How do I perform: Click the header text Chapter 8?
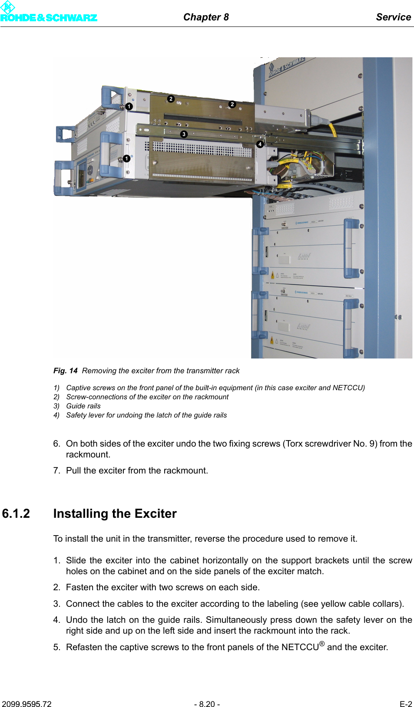pyautogui.click(x=206, y=17)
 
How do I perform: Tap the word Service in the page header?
pyautogui.click(x=393, y=17)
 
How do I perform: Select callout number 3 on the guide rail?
pyautogui.click(x=184, y=134)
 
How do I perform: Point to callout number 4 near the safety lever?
pyautogui.click(x=260, y=144)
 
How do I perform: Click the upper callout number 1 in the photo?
pyautogui.click(x=129, y=106)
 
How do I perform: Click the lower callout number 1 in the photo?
pyautogui.click(x=126, y=158)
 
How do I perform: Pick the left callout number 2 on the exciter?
pyautogui.click(x=171, y=99)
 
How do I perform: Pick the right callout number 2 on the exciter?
pyautogui.click(x=232, y=104)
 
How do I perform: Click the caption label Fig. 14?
pyautogui.click(x=65, y=371)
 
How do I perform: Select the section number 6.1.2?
pyautogui.click(x=16, y=513)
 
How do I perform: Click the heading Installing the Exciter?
pyautogui.click(x=115, y=513)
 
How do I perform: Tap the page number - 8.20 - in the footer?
pyautogui.click(x=207, y=704)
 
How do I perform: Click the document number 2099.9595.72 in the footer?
pyautogui.click(x=26, y=704)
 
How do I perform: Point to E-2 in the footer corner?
pyautogui.click(x=405, y=704)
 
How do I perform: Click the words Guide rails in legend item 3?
pyautogui.click(x=83, y=406)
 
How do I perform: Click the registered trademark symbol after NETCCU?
pyautogui.click(x=322, y=644)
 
